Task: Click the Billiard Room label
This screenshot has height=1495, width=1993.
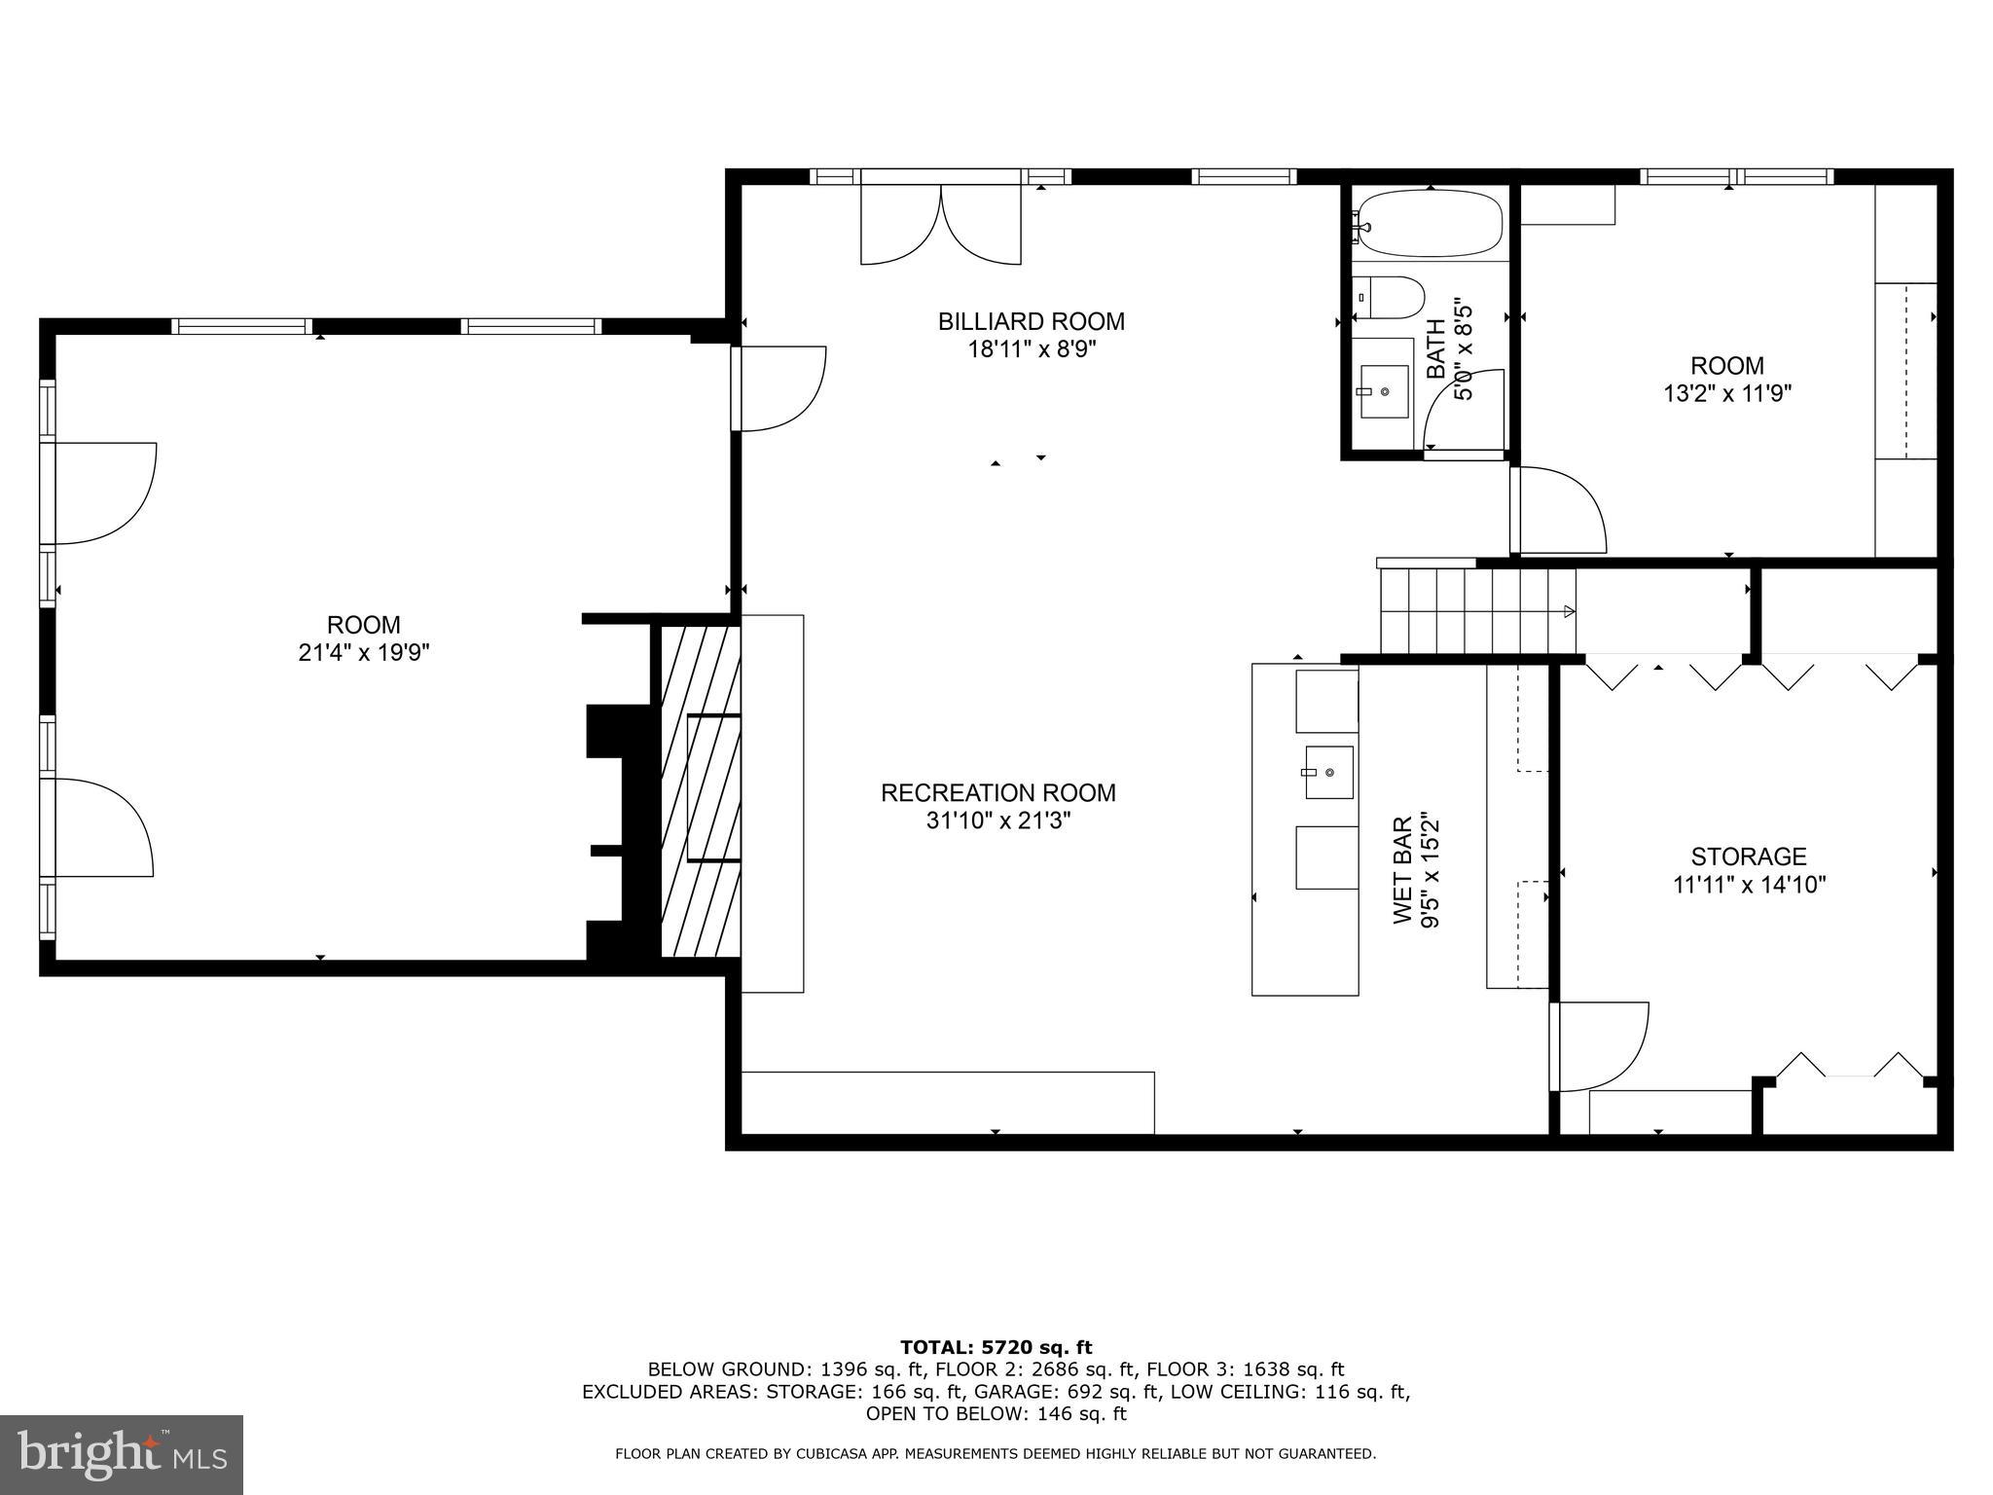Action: [1031, 321]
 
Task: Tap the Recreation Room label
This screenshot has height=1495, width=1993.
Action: [997, 792]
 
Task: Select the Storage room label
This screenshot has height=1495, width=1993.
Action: [1748, 857]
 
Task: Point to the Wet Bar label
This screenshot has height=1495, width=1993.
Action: [1402, 870]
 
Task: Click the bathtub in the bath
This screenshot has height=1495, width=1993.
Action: [1430, 224]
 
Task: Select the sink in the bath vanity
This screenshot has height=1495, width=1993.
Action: [1384, 391]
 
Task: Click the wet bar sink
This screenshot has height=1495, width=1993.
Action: [1328, 773]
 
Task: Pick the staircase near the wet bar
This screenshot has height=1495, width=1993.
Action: [1476, 611]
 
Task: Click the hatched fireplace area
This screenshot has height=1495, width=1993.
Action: [701, 790]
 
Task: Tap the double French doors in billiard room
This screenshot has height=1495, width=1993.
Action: [941, 226]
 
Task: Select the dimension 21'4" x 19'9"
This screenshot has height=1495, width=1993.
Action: [364, 652]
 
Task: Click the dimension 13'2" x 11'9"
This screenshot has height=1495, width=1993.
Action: [1726, 393]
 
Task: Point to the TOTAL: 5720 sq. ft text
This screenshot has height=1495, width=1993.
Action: [996, 1347]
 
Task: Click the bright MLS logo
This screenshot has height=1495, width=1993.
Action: [122, 1454]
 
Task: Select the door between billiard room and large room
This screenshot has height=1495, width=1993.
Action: [779, 387]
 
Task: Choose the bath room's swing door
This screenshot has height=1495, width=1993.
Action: [1465, 411]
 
